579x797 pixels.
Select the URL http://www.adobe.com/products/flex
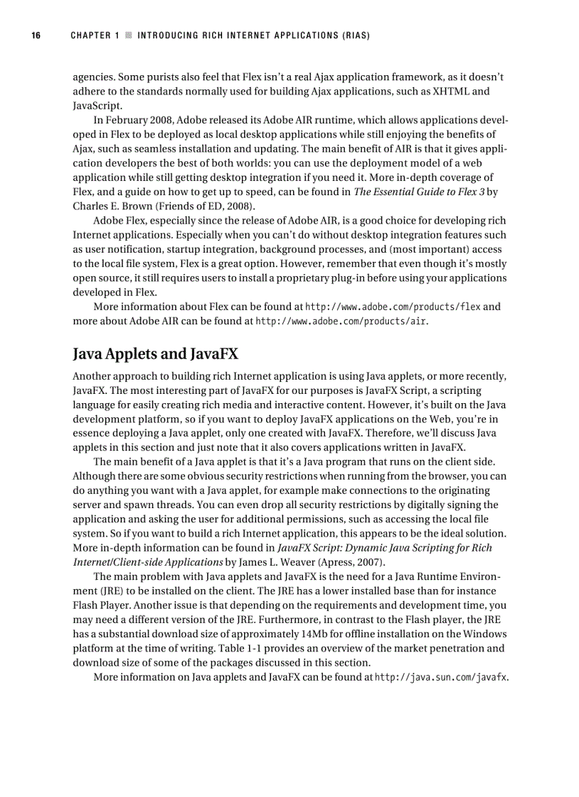392,307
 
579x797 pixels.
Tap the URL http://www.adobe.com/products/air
341,321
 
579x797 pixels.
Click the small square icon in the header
128,35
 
